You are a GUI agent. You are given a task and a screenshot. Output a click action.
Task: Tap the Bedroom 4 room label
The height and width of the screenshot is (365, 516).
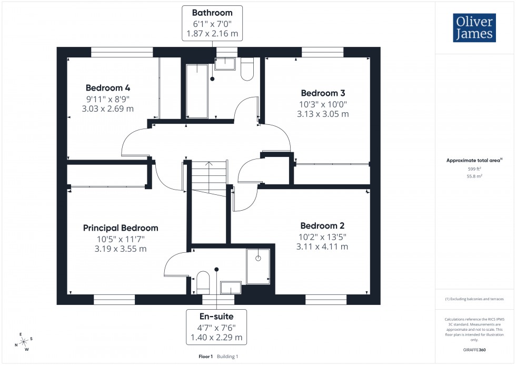coord(108,88)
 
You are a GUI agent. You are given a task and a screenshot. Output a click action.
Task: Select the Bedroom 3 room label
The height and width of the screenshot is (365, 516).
coord(323,93)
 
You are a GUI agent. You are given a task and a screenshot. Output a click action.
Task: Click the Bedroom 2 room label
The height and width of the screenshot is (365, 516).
coord(323,225)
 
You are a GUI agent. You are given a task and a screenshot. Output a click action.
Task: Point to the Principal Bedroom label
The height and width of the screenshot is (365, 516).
coord(121,228)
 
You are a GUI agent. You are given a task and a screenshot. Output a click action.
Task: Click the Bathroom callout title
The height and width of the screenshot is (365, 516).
coord(212,12)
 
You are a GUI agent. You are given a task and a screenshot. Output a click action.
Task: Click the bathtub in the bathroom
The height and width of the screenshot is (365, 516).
coord(197,91)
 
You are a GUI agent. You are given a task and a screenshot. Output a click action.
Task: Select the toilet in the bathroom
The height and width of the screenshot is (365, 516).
coord(247,69)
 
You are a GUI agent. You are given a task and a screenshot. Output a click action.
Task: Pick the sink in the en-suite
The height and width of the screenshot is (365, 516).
coord(230,287)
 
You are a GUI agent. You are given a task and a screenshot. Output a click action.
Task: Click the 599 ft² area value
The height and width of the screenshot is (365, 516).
coord(474,169)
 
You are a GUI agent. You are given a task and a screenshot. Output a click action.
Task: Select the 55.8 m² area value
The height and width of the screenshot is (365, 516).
coord(474,176)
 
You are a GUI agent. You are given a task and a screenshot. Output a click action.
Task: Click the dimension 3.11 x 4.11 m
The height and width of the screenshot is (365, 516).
coord(323,246)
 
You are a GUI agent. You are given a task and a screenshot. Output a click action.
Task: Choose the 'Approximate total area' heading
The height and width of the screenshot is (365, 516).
coord(473,160)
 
